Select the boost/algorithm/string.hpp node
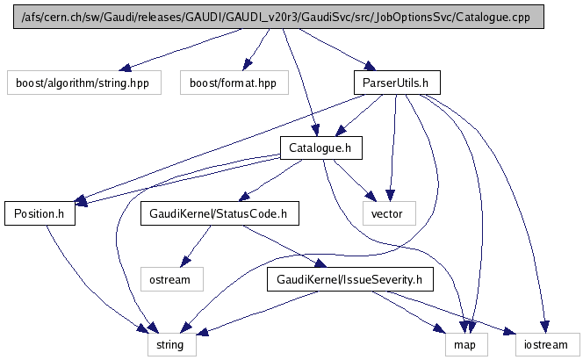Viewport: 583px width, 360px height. (x=67, y=83)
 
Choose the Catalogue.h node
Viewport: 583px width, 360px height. (x=320, y=148)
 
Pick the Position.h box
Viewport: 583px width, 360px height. (x=40, y=213)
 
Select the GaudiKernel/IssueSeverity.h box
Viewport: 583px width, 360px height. (x=350, y=280)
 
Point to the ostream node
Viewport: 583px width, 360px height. (x=172, y=280)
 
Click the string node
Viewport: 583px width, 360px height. (x=170, y=345)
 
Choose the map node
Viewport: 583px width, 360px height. (x=464, y=345)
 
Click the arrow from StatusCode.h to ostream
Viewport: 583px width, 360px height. (x=195, y=246)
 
